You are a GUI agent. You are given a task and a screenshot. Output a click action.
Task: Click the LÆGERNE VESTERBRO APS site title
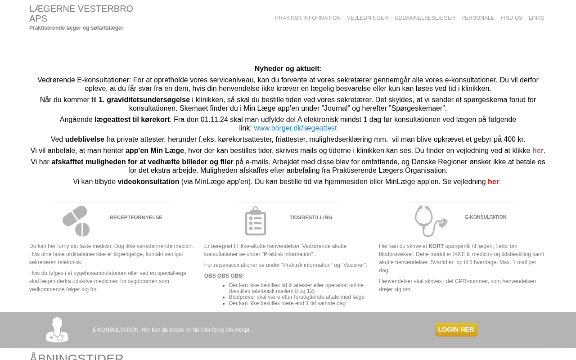click(x=81, y=13)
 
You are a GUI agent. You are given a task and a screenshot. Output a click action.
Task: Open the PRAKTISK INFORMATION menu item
click(x=308, y=18)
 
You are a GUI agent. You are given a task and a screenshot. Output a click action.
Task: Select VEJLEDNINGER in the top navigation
click(x=367, y=18)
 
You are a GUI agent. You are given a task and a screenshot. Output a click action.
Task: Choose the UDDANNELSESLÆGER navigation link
click(x=424, y=18)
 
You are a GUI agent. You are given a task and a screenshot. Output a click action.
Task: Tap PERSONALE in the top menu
click(x=477, y=18)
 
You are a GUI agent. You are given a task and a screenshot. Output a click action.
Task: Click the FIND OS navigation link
click(x=511, y=18)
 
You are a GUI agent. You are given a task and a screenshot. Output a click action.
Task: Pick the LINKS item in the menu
click(x=536, y=18)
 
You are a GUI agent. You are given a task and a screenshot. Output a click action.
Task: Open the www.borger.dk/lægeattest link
click(x=295, y=128)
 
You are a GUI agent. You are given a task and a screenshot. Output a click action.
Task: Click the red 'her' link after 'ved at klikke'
click(x=538, y=151)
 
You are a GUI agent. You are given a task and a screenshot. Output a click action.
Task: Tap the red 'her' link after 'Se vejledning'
click(x=493, y=182)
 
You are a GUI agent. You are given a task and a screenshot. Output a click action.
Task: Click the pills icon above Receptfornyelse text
click(x=76, y=221)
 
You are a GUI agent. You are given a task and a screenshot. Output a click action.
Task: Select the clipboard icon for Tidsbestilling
click(x=256, y=221)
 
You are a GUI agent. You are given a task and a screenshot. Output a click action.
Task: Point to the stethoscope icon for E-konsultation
click(x=431, y=221)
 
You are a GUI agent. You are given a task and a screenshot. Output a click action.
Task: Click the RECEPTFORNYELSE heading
click(x=136, y=217)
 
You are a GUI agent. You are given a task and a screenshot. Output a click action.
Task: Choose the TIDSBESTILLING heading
click(x=311, y=217)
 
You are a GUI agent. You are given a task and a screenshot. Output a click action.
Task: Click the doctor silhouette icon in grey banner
click(x=57, y=330)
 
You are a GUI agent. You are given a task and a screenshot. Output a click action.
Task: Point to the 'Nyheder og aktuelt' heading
click(x=287, y=69)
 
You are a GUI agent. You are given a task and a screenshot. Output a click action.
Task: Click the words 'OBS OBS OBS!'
click(x=224, y=276)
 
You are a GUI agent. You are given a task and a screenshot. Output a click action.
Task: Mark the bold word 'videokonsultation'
click(x=148, y=182)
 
